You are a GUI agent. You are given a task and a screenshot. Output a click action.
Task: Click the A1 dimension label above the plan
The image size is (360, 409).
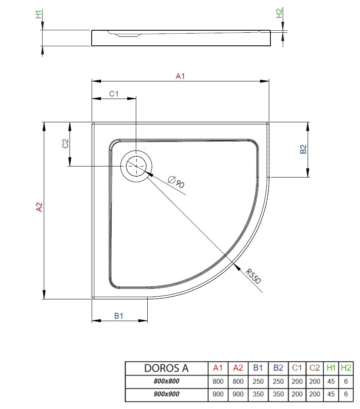coord(180,76)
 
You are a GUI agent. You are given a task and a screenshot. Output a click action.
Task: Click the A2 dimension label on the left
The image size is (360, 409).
coord(39,207)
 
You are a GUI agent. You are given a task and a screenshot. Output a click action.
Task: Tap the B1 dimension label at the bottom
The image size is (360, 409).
coord(119,316)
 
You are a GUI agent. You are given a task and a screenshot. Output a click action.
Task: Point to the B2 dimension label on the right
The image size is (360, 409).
coord(303,149)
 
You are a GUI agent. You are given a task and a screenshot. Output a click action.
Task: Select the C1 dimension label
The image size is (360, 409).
coord(114,93)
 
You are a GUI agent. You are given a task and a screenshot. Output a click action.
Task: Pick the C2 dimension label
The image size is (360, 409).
coord(65,143)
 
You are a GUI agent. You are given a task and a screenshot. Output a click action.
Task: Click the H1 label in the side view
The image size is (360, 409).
coord(38,14)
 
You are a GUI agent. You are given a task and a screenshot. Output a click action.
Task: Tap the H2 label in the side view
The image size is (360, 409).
coord(279,13)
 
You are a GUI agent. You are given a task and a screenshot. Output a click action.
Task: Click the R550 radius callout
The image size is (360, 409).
coord(253,276)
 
